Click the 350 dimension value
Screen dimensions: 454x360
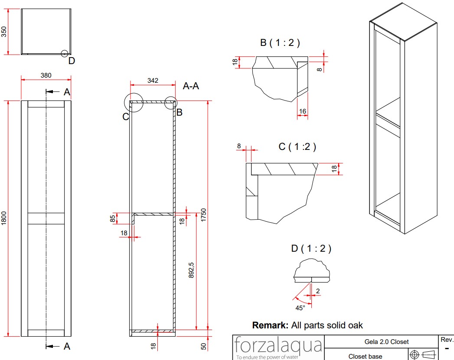click(x=4, y=32)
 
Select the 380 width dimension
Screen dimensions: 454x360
click(x=46, y=75)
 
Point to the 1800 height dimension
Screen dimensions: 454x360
click(x=4, y=218)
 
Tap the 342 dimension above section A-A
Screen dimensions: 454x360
click(x=153, y=81)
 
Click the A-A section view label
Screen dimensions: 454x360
click(x=191, y=86)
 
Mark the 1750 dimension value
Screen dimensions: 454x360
click(x=203, y=215)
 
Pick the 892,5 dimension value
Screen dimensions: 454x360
click(x=191, y=270)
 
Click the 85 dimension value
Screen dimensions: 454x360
click(x=113, y=219)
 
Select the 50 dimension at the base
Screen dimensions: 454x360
click(x=203, y=347)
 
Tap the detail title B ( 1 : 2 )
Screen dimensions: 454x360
click(x=280, y=43)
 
